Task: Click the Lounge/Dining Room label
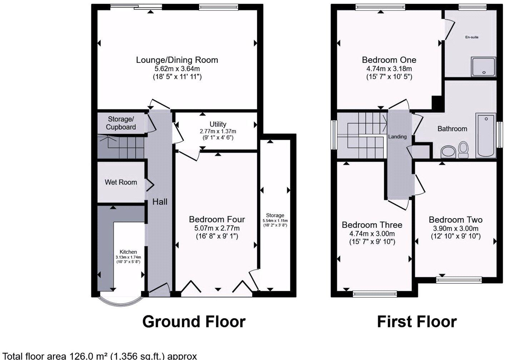click(177, 60)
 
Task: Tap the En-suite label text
click(472, 37)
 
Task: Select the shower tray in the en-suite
click(483, 66)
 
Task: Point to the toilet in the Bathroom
click(463, 149)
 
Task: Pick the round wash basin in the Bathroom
click(448, 152)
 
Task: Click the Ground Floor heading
click(194, 322)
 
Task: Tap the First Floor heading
click(417, 322)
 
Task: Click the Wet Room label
click(121, 182)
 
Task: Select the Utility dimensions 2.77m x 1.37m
click(218, 131)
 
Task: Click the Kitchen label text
click(128, 252)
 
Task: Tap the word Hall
click(160, 202)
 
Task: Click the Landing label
click(397, 137)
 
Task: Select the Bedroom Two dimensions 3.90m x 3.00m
click(456, 228)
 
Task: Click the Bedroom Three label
click(372, 225)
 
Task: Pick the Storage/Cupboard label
click(121, 123)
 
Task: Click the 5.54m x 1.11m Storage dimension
click(275, 221)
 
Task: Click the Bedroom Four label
click(217, 219)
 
